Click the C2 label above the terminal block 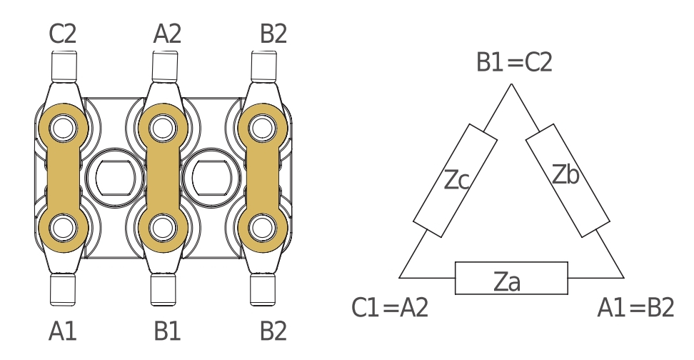(62, 34)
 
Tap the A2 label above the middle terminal (167, 34)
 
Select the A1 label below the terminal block (62, 331)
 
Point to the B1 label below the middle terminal (167, 331)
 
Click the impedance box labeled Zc (455, 181)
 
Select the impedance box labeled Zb (568, 181)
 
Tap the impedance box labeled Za (511, 278)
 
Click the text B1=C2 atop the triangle (514, 62)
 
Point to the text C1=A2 (390, 308)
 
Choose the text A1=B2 (635, 308)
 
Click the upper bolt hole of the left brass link (64, 128)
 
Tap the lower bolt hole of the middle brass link (163, 228)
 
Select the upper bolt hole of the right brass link (263, 128)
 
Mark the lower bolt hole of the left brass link (64, 228)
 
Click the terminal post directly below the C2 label (64, 66)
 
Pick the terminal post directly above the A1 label (62, 289)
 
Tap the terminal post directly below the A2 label (165, 66)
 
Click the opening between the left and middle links (115, 178)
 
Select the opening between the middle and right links (212, 178)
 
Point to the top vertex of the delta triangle (512, 84)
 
